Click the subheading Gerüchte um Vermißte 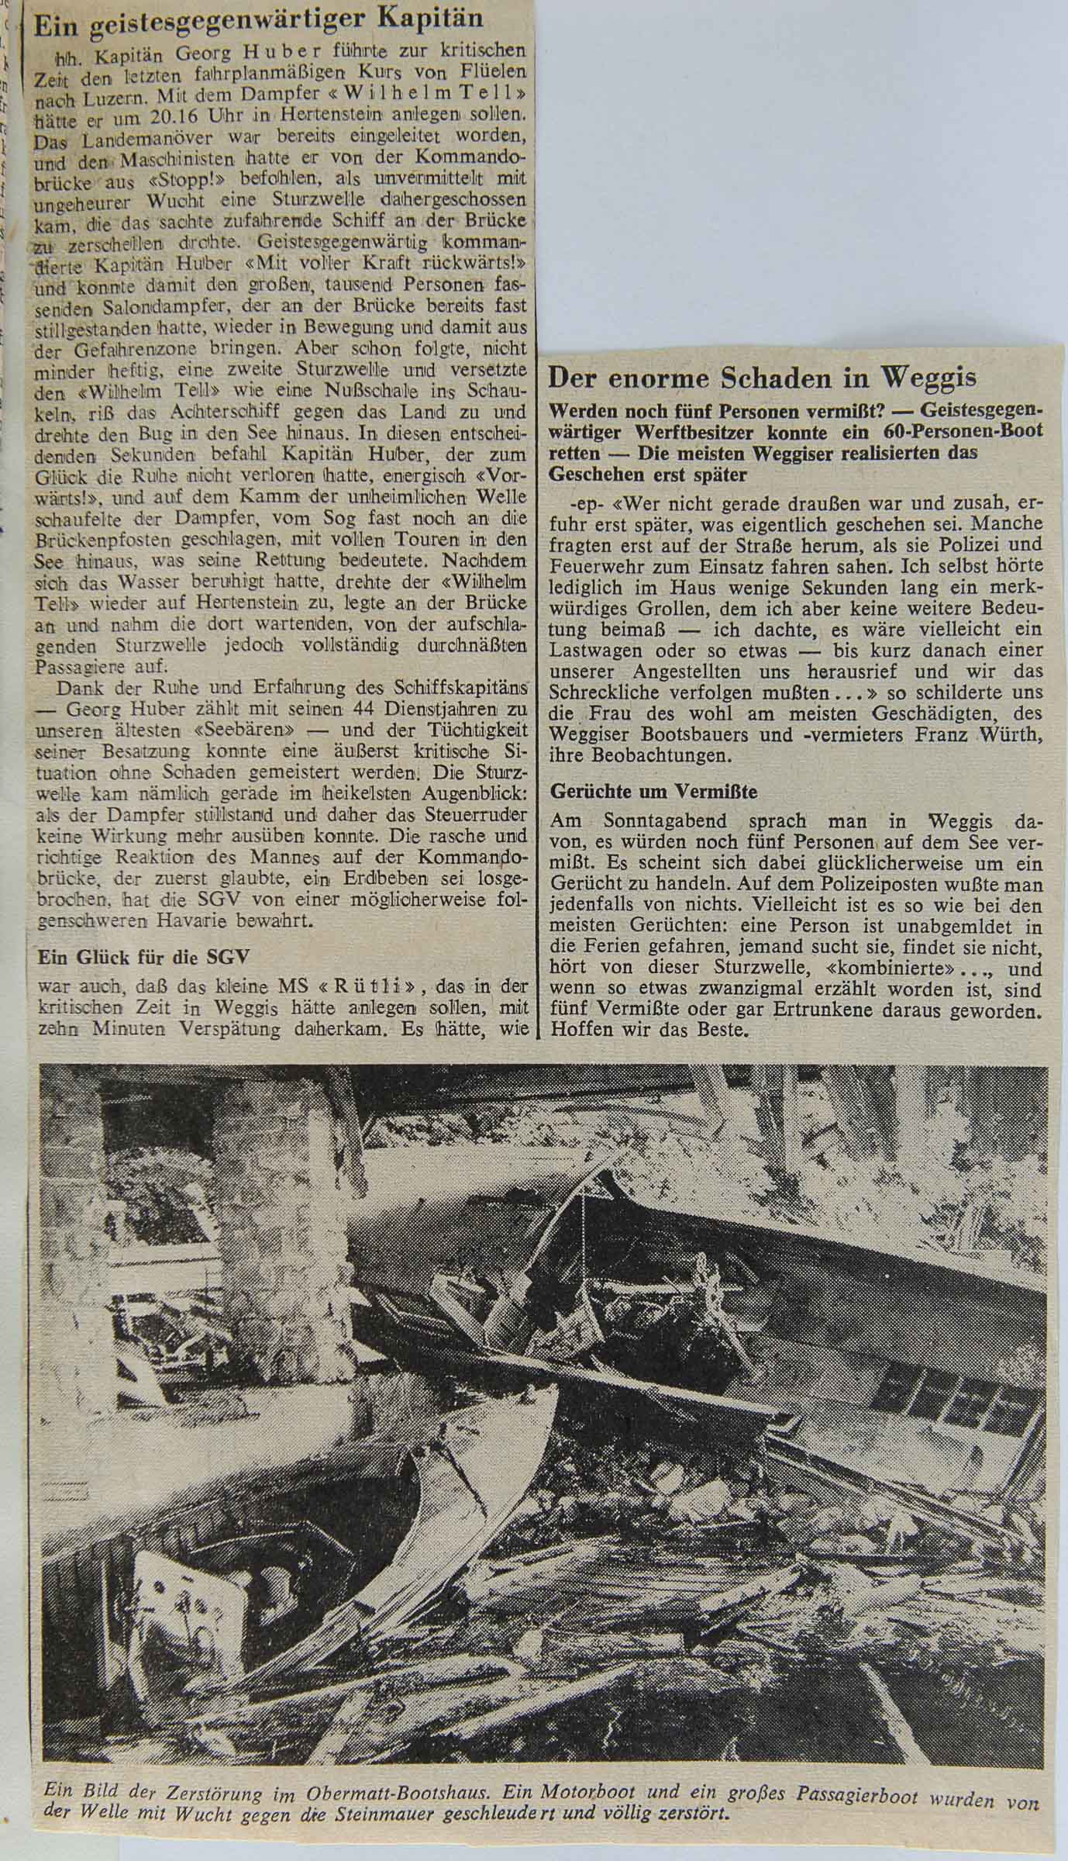[x=653, y=792]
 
